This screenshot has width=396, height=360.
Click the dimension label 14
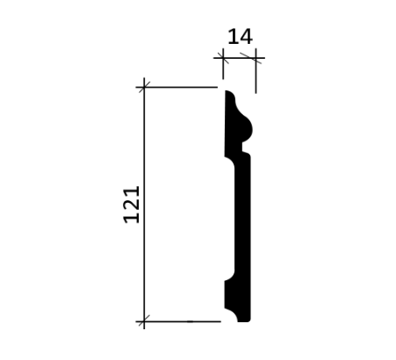[x=240, y=37]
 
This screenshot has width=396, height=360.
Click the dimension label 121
[x=132, y=205]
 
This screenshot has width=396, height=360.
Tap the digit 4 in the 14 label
[x=247, y=37]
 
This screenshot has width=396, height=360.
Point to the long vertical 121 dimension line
[x=144, y=204]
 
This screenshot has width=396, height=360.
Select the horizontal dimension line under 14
[x=239, y=58]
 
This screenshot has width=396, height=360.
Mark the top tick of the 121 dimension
[x=144, y=87]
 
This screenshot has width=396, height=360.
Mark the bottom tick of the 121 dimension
[x=144, y=321]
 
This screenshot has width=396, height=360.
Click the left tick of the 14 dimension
[x=223, y=58]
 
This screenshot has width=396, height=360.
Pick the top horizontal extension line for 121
[x=176, y=87]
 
